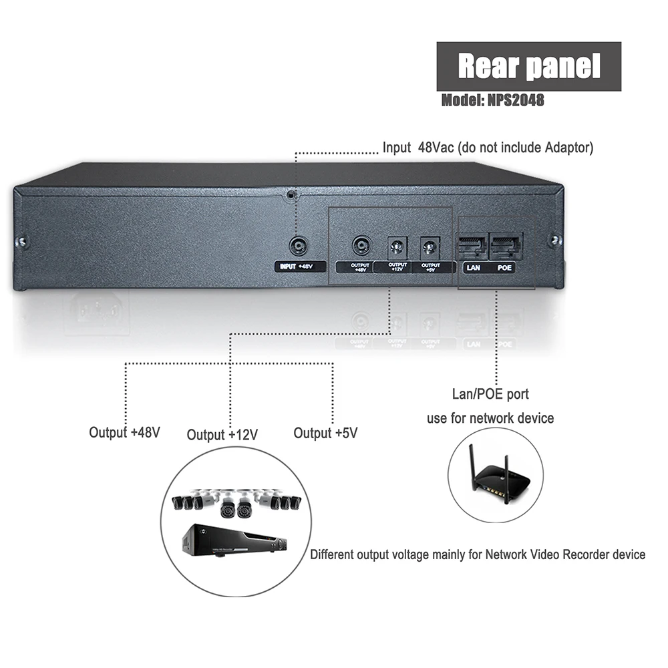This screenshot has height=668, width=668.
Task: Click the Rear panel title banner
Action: (x=528, y=66)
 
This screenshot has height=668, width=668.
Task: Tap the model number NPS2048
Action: (x=492, y=101)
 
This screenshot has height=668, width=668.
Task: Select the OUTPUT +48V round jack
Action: (x=361, y=246)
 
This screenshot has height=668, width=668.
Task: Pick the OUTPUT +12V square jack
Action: (x=397, y=248)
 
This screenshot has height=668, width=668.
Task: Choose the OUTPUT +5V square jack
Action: (x=429, y=248)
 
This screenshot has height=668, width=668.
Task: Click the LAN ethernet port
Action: (x=473, y=248)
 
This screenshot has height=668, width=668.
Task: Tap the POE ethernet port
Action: (x=506, y=248)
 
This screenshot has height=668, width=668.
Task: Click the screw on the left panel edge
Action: (x=22, y=241)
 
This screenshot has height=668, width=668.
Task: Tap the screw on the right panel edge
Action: (x=554, y=240)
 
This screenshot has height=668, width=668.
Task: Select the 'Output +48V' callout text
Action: (x=125, y=432)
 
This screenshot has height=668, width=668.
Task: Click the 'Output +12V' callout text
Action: (x=222, y=435)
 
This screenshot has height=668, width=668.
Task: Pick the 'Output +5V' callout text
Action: (x=325, y=433)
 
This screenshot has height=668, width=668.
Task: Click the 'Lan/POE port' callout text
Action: (x=490, y=395)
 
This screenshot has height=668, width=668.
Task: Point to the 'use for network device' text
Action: (x=490, y=418)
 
